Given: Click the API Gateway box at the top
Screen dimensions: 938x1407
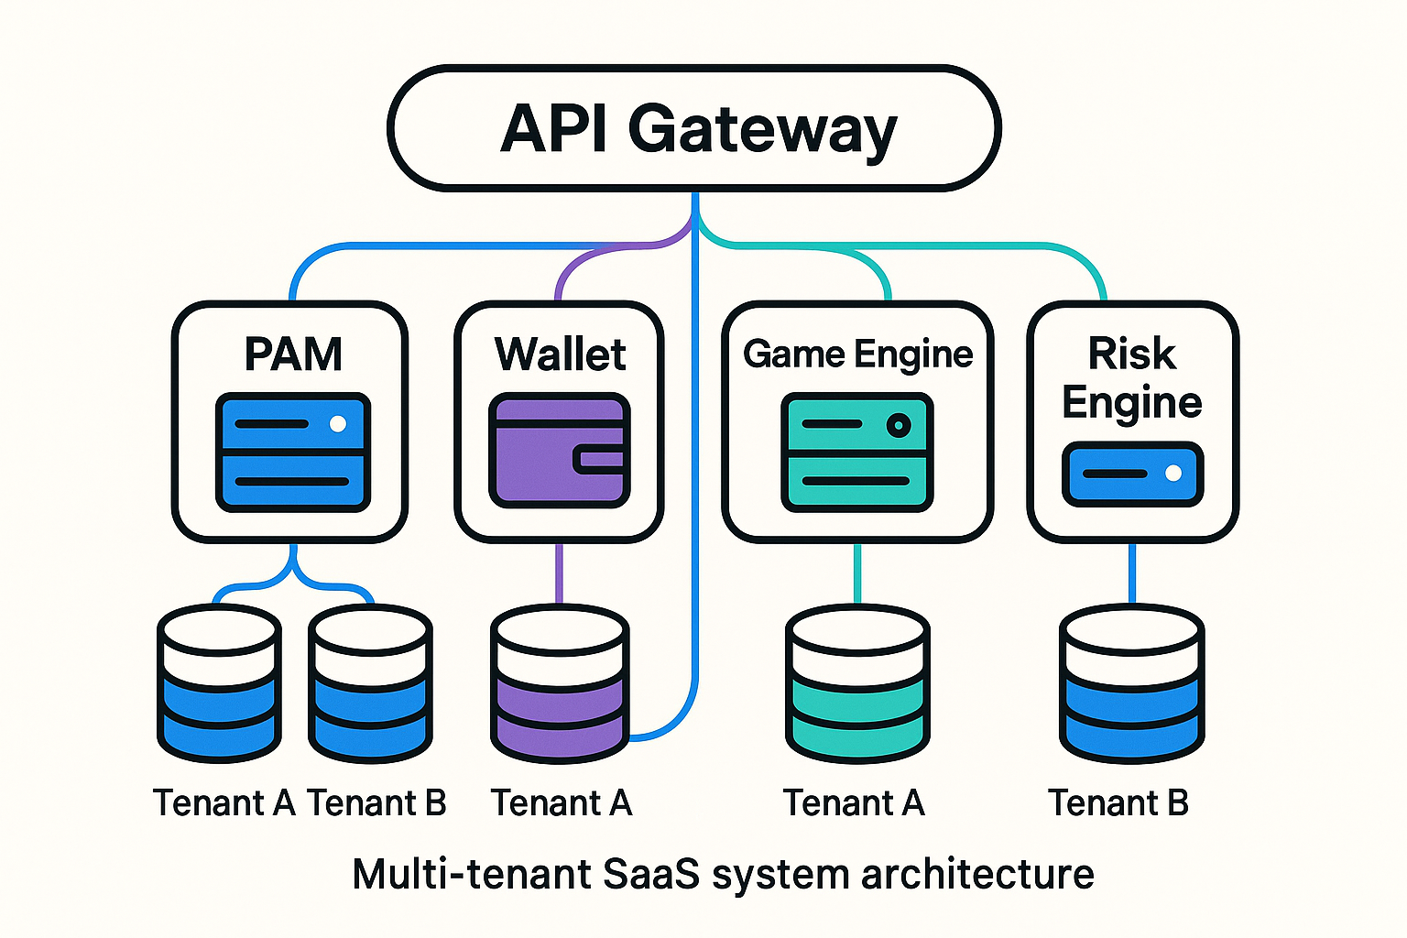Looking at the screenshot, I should (x=694, y=128).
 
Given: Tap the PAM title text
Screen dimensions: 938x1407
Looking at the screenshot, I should (x=293, y=354).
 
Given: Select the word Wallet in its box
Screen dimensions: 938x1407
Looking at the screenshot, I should (x=560, y=354).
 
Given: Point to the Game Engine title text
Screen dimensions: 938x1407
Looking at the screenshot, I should (x=857, y=354).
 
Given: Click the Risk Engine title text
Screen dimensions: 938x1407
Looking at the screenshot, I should (x=1132, y=377).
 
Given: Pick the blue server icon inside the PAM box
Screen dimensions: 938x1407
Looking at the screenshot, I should (x=293, y=453).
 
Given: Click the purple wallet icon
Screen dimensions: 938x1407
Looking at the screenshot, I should (x=560, y=451).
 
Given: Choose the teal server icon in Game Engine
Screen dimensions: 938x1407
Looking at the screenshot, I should (x=857, y=453).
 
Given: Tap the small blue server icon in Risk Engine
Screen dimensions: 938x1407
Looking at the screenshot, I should (x=1132, y=474).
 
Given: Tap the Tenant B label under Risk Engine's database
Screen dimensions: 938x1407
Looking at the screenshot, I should (x=1118, y=803).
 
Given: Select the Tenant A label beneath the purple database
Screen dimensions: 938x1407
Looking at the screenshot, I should (x=562, y=803).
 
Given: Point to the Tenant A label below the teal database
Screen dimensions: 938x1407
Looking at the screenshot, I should (x=854, y=803).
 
